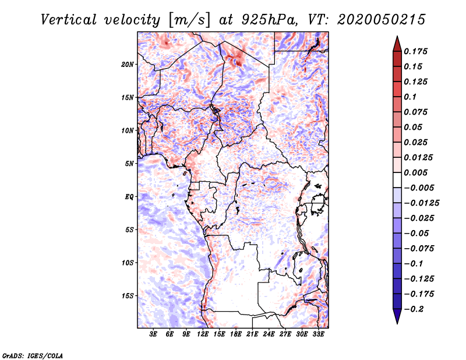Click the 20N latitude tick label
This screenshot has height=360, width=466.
click(x=128, y=64)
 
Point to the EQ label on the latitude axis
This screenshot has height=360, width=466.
click(x=129, y=196)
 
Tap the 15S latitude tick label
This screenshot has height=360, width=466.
click(x=128, y=295)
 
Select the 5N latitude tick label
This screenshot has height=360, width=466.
click(x=129, y=164)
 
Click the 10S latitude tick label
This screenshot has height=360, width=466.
click(x=128, y=263)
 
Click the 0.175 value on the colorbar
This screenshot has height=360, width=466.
click(x=418, y=51)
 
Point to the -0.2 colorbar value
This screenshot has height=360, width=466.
click(x=415, y=309)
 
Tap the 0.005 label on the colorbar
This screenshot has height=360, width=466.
click(x=418, y=172)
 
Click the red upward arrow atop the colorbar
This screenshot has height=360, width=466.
click(x=397, y=43)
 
